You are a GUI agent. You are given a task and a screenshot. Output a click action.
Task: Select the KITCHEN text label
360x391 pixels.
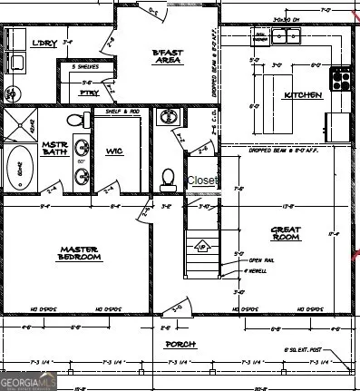(x=302, y=95)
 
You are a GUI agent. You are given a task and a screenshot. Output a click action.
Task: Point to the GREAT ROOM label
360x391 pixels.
(x=286, y=232)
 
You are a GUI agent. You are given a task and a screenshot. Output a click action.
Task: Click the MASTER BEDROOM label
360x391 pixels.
(x=80, y=253)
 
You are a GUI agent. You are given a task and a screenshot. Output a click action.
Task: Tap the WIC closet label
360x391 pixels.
(x=114, y=151)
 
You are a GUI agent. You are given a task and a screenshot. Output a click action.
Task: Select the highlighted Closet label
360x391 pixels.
(x=202, y=181)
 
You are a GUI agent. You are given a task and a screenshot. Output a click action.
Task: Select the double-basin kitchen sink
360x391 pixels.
(x=287, y=36)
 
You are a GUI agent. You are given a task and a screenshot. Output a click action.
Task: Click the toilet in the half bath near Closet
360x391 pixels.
(x=168, y=178)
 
